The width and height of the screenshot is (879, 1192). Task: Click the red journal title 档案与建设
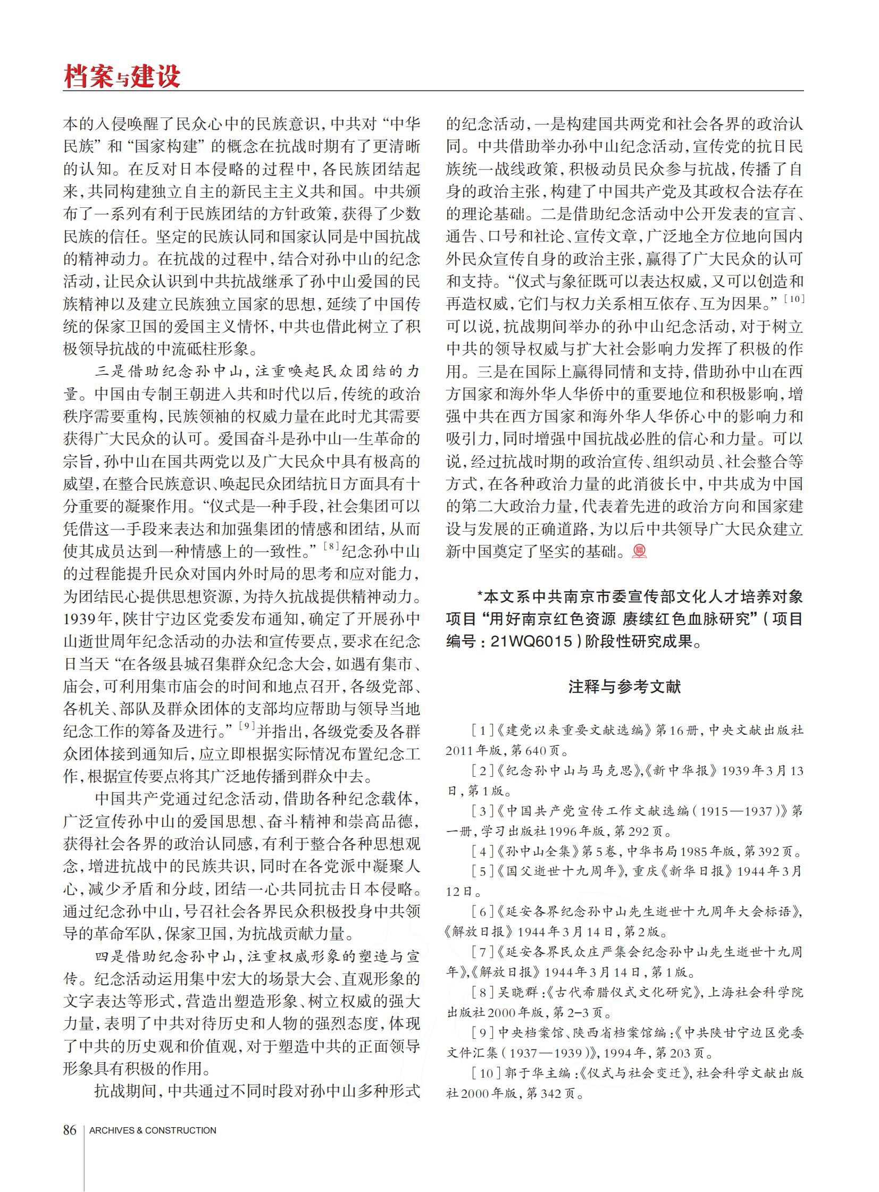coord(122,76)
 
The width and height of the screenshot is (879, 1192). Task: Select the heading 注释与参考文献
coord(624,687)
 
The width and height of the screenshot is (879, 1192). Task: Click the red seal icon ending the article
coord(639,551)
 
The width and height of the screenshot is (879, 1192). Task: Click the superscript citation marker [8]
coord(331,545)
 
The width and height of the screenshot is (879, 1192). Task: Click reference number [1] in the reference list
coord(482,731)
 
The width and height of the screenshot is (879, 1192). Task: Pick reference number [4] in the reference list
coord(482,852)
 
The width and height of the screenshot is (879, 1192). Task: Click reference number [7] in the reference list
coord(482,952)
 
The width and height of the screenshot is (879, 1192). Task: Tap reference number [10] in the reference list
coord(485,1073)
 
